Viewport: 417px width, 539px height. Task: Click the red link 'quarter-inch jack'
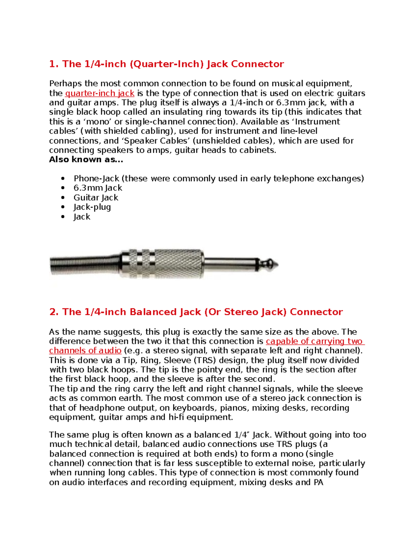pos(100,93)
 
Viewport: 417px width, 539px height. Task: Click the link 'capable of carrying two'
pos(314,341)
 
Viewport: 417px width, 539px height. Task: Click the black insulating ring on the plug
pos(257,265)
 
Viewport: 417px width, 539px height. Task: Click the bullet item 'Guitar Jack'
pos(96,197)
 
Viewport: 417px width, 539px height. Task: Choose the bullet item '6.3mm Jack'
pos(98,188)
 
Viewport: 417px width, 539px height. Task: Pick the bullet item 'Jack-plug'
pos(92,207)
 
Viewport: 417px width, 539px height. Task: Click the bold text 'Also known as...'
pos(86,160)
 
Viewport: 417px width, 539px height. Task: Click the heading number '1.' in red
pos(54,64)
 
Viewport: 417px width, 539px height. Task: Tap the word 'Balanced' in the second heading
pos(153,312)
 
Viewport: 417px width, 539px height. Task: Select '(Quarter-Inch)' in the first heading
pos(166,64)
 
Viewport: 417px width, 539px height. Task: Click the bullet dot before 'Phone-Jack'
pos(63,179)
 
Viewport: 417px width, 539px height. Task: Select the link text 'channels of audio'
pos(85,351)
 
